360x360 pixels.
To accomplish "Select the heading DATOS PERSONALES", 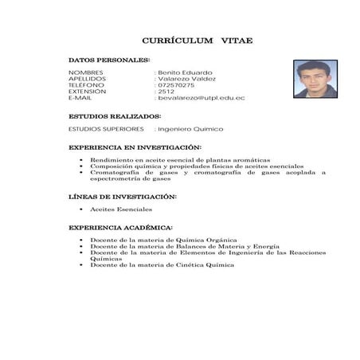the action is [109, 61].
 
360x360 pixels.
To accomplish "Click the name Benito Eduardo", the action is [186, 72].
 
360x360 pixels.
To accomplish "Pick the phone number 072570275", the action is [176, 85].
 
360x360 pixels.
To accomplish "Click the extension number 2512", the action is [166, 92].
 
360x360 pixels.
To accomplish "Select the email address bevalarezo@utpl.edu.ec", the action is [201, 98].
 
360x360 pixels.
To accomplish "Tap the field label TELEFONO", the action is [86, 85].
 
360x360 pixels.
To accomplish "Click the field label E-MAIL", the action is [81, 98].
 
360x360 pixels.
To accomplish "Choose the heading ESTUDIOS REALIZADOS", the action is [115, 116].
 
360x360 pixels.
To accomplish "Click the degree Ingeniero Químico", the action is [190, 129].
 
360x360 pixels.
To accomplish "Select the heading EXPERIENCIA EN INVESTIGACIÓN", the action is [135, 147].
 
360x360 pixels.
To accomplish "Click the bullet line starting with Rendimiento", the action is [179, 160].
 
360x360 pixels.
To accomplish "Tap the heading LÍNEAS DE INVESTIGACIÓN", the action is [123, 197].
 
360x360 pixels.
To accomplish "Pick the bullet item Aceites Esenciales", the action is [121, 209].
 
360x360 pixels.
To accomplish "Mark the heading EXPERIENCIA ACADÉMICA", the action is [120, 228].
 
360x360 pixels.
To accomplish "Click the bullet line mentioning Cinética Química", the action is [162, 265].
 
